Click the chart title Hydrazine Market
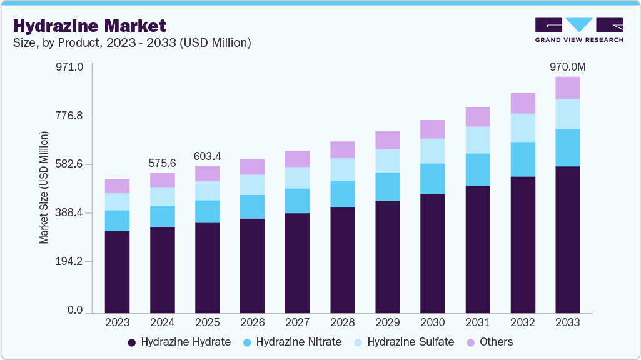coord(89,26)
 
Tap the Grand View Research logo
coord(579,30)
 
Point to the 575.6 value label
coord(162,163)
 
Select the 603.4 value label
coord(207,156)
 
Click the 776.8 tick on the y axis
coord(70,116)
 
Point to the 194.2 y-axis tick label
coord(70,262)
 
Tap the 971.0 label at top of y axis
coord(70,66)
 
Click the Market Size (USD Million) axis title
coord(44,187)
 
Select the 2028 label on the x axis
coord(342,323)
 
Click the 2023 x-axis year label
coord(117,323)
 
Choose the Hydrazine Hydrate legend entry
coord(179,342)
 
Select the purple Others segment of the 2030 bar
coord(433,129)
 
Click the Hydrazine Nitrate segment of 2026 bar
coord(253,206)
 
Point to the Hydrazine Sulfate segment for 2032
coord(523,127)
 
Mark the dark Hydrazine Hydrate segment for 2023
coord(117,272)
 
